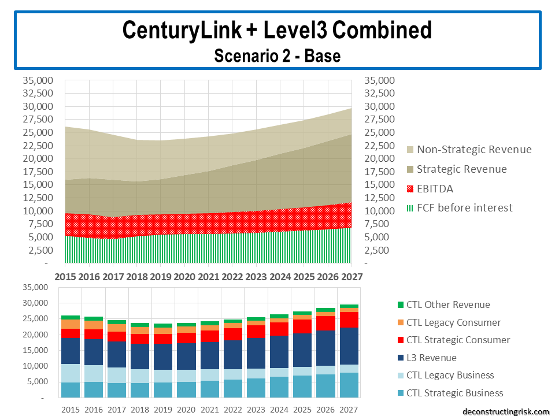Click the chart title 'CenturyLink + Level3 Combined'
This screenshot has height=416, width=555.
click(x=277, y=30)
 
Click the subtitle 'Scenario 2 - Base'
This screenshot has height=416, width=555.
click(x=277, y=55)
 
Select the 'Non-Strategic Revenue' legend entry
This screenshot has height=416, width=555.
click(x=473, y=149)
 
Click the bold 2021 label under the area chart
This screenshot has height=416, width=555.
click(x=208, y=277)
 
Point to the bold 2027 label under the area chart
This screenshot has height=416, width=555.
click(x=350, y=277)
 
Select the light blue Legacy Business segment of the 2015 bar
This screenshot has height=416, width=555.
click(x=71, y=373)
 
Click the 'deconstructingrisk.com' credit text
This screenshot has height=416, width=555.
click(x=506, y=411)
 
